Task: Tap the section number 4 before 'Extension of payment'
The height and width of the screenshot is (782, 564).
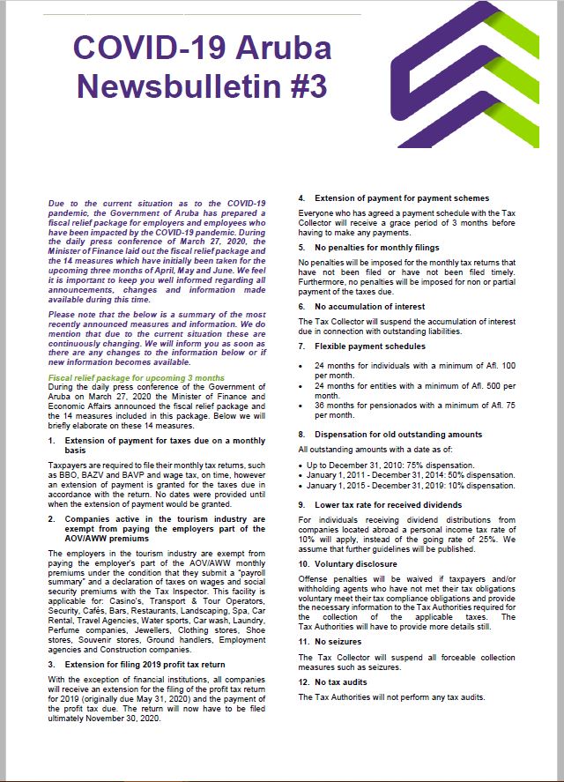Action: click(301, 198)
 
